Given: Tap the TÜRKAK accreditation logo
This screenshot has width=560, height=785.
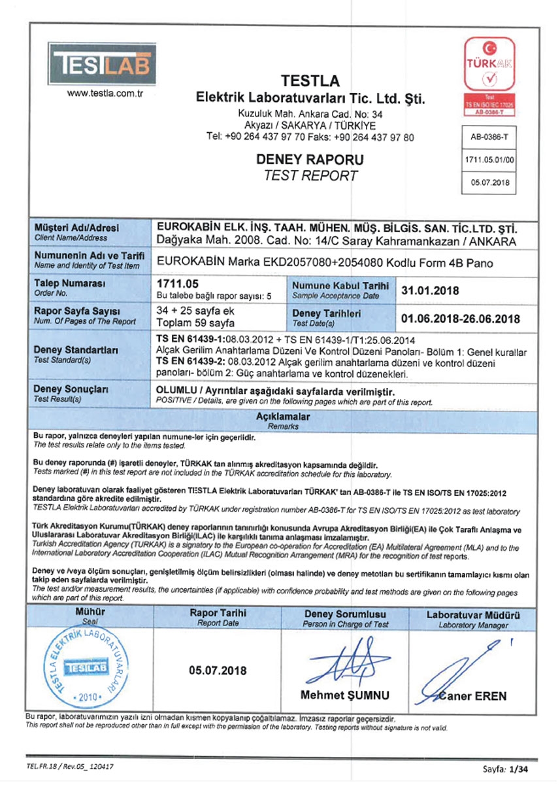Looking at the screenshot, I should [x=489, y=76].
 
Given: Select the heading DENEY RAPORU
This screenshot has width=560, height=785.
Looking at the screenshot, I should [x=310, y=159].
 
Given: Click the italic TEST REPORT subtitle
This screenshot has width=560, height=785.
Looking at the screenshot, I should [x=310, y=175].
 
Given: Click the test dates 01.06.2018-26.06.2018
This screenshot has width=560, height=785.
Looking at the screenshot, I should [x=459, y=319].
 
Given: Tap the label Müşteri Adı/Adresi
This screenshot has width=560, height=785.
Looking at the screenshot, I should [x=76, y=228].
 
